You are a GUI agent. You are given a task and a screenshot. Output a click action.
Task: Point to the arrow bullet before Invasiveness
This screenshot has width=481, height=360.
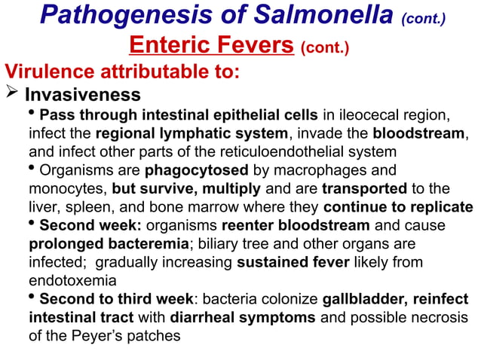(12, 96)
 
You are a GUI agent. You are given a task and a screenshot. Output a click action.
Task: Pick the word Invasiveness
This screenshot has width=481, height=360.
(82, 96)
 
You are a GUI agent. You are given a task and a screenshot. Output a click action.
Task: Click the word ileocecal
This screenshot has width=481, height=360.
(356, 115)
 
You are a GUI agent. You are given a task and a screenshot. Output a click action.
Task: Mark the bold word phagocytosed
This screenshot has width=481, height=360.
(191, 170)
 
